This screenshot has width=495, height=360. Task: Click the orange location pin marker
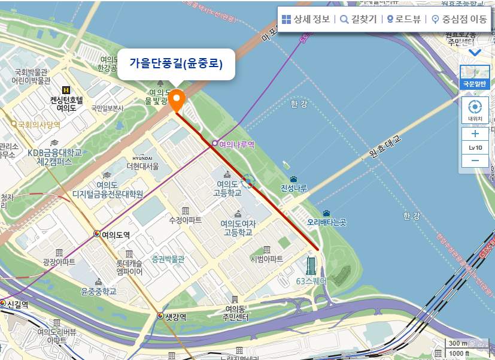[x=176, y=99]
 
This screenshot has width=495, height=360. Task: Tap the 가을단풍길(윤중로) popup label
[x=176, y=63]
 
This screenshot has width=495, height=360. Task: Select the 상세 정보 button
[x=306, y=19]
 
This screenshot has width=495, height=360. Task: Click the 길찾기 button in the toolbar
[x=358, y=19]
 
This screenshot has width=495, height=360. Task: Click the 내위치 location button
[x=475, y=110]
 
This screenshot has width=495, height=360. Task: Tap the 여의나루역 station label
[x=237, y=144]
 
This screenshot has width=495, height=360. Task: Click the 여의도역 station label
[x=116, y=234]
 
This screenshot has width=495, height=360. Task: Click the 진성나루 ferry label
[x=294, y=188]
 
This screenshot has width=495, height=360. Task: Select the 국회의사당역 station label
[x=39, y=125]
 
